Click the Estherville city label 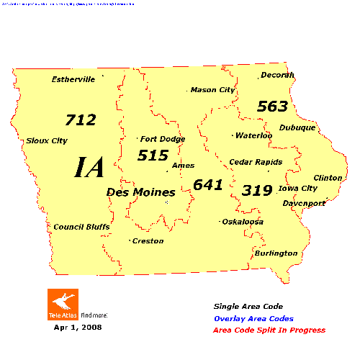[x=73, y=79]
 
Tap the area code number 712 [x=80, y=120]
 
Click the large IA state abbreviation [x=90, y=167]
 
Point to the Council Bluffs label [x=81, y=227]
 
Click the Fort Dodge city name [x=163, y=139]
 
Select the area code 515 [x=153, y=155]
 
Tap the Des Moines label [x=141, y=192]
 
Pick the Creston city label [x=148, y=240]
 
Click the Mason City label [x=212, y=90]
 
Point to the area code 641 [x=208, y=184]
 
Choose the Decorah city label [x=278, y=75]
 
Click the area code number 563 [x=273, y=107]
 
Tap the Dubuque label [x=297, y=127]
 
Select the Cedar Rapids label [x=256, y=162]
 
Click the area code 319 [x=256, y=190]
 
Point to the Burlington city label [x=276, y=253]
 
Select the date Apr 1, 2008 [x=78, y=327]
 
